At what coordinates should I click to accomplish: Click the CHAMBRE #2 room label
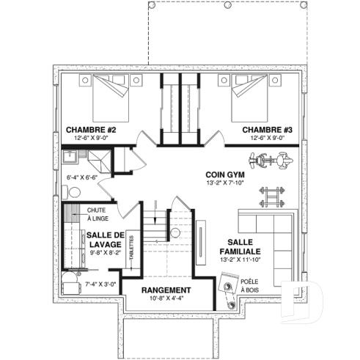tap(91, 130)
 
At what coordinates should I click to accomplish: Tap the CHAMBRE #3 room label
tap(267, 130)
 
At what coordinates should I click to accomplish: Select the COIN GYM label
tap(225, 175)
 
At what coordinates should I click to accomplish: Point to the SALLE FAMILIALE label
tap(240, 247)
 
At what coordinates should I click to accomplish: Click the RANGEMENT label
tap(166, 290)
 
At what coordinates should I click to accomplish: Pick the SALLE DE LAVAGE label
tap(106, 240)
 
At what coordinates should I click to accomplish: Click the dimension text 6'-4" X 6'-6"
tap(82, 177)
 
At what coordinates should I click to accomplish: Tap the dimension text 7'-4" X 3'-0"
tap(100, 284)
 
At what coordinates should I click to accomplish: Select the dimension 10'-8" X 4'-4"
tap(166, 298)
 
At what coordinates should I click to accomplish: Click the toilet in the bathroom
tap(72, 192)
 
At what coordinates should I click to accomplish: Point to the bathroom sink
tap(70, 157)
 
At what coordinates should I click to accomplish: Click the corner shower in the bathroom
tap(100, 161)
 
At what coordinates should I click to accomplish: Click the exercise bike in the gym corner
tap(271, 161)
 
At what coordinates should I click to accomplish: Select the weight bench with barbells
tap(272, 196)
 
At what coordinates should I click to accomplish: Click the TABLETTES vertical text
tap(131, 248)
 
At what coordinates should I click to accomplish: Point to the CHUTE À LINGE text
tap(98, 214)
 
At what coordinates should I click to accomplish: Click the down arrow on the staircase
tap(155, 212)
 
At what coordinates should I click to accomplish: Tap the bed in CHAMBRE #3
tap(249, 98)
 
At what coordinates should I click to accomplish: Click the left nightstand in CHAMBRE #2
tap(85, 80)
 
